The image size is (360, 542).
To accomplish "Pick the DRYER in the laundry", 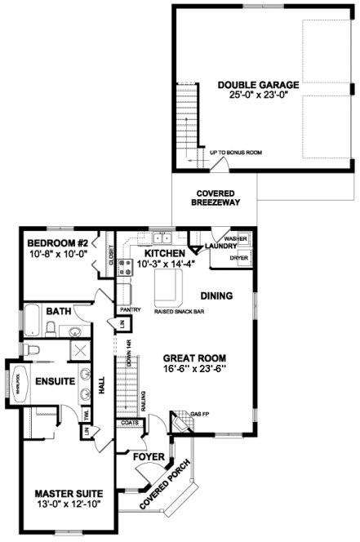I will click(x=238, y=257).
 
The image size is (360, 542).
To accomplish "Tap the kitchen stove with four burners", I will click(x=127, y=265).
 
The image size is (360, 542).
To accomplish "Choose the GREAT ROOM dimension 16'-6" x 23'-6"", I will click(x=194, y=369).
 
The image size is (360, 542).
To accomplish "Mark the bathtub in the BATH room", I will click(x=30, y=321).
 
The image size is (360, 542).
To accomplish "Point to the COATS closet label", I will click(x=127, y=423).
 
